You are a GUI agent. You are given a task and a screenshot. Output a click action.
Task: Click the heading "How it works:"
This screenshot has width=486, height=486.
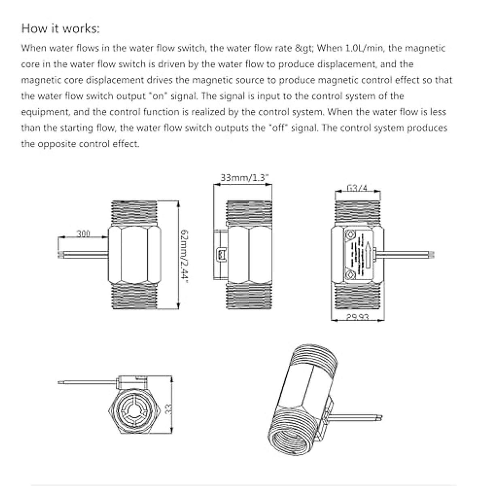click(60, 29)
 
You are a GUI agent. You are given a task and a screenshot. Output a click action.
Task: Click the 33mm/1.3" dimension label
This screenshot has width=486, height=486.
click(245, 178)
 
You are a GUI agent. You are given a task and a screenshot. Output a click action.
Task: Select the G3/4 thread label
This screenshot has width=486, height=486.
click(357, 188)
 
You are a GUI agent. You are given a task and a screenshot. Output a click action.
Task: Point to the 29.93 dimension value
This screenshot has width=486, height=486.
click(358, 317)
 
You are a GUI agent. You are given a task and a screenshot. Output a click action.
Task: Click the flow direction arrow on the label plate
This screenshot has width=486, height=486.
click(368, 254)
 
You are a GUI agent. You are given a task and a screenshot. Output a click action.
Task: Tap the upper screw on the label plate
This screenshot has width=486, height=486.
click(349, 234)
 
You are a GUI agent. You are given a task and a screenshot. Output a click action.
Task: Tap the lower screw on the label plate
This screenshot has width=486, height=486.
click(349, 276)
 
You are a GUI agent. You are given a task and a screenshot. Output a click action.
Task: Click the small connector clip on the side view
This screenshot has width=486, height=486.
click(222, 255)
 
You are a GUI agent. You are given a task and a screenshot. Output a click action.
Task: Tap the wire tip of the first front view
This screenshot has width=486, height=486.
click(61, 255)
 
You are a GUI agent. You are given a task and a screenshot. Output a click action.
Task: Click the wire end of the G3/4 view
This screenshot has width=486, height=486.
click(433, 255)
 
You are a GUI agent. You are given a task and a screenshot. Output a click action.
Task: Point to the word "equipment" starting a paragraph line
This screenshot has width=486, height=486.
click(44, 112)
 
